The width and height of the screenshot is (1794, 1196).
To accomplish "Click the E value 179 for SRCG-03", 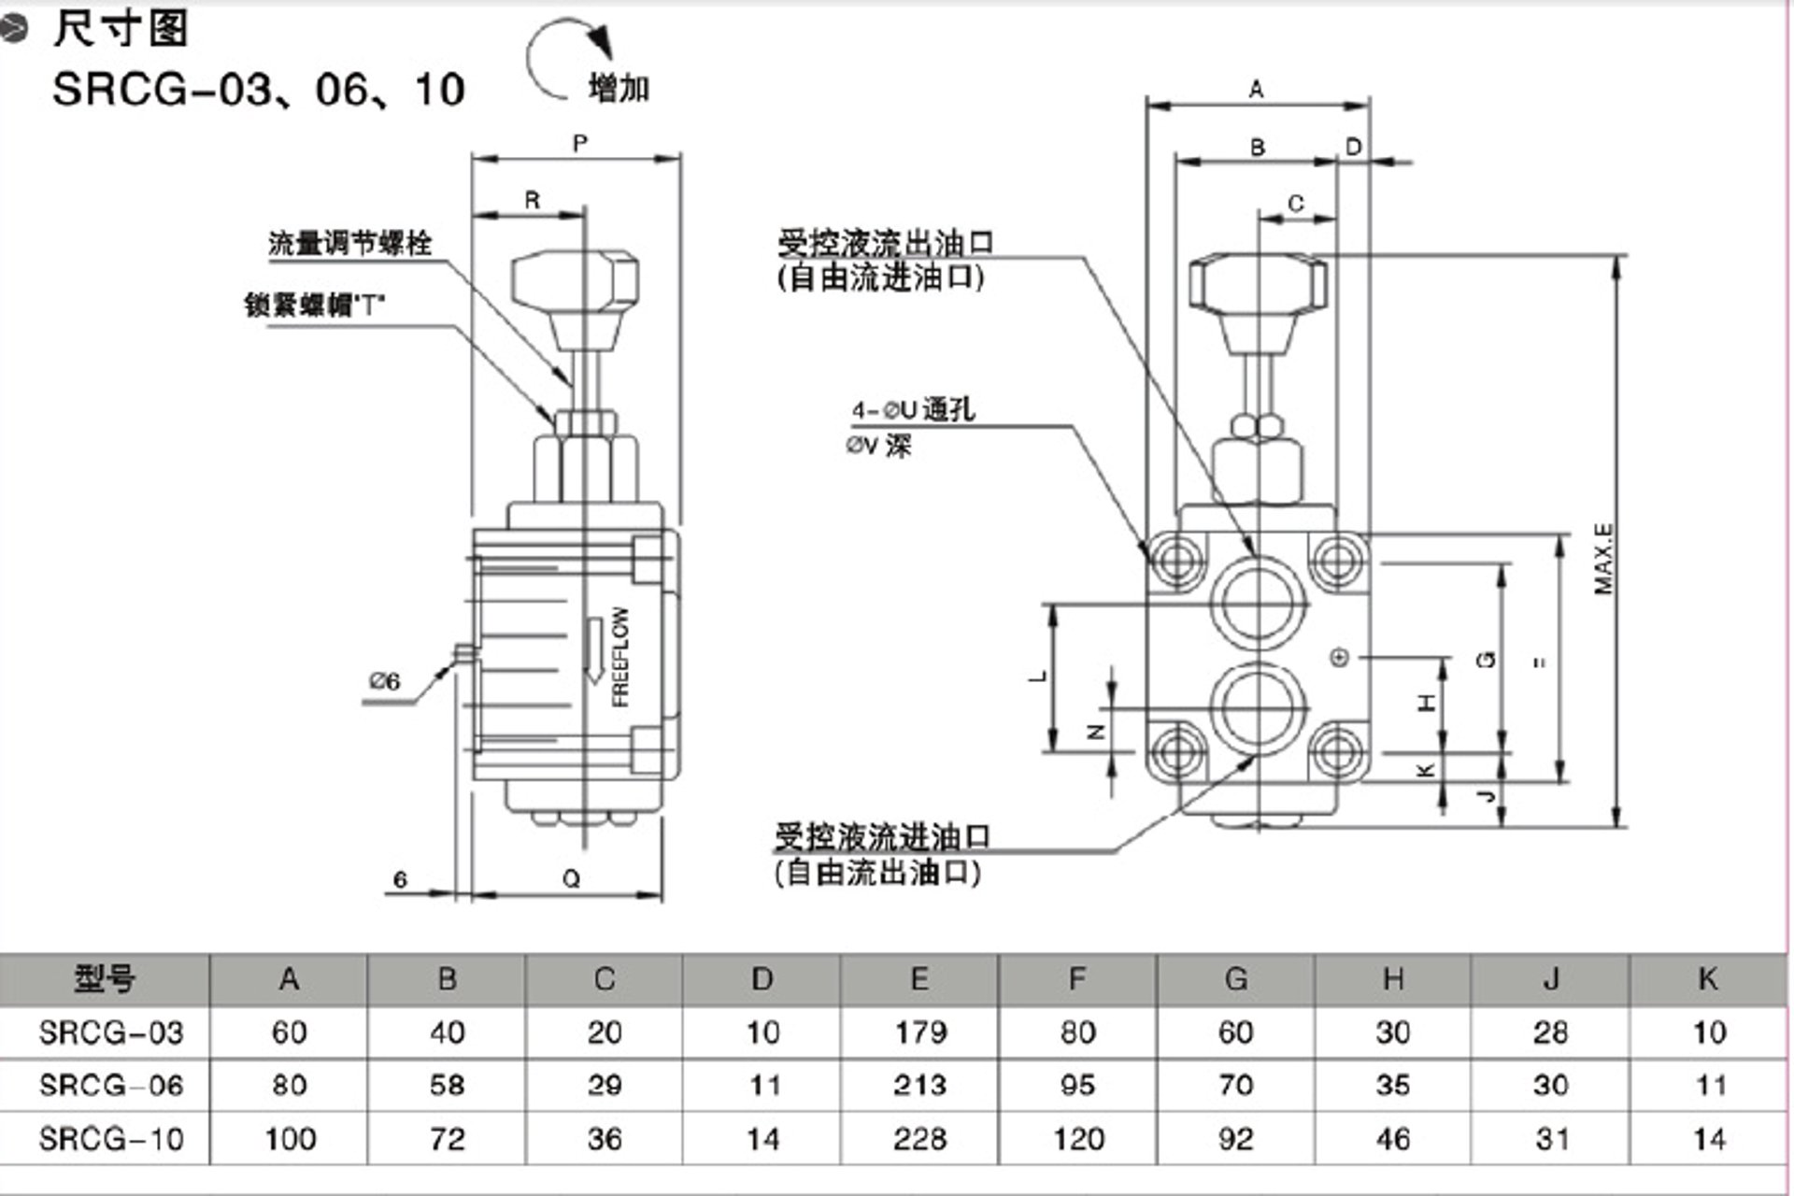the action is pyautogui.click(x=920, y=1032).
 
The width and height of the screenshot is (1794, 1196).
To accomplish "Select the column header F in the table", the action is pyautogui.click(x=1076, y=978).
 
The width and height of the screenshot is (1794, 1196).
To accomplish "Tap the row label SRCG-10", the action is pyautogui.click(x=111, y=1139).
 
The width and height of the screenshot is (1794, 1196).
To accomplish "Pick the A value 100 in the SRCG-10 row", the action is pyautogui.click(x=290, y=1139).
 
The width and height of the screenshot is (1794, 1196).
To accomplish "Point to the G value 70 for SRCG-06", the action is pyautogui.click(x=1235, y=1086).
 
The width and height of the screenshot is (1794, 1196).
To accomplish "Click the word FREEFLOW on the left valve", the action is pyautogui.click(x=620, y=656).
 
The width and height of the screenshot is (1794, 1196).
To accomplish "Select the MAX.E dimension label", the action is pyautogui.click(x=1603, y=559).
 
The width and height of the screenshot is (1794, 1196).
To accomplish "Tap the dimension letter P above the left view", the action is pyautogui.click(x=580, y=143).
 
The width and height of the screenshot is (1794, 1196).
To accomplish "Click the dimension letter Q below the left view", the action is pyautogui.click(x=571, y=878).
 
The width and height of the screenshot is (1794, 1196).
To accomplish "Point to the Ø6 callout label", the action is pyautogui.click(x=384, y=681).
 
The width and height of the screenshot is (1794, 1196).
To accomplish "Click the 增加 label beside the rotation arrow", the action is pyautogui.click(x=619, y=89).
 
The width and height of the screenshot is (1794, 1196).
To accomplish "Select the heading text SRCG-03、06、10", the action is pyautogui.click(x=259, y=90).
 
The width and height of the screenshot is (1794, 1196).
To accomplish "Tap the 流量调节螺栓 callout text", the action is pyautogui.click(x=350, y=244).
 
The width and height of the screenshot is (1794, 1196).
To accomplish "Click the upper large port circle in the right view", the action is pyautogui.click(x=1258, y=602).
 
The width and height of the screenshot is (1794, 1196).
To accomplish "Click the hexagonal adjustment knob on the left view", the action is pyautogui.click(x=576, y=282).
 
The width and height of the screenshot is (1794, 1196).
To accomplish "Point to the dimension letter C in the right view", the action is pyautogui.click(x=1295, y=203).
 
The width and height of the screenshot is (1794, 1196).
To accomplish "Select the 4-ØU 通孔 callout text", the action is pyautogui.click(x=913, y=409).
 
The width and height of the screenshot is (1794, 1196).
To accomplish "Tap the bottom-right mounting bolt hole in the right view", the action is pyautogui.click(x=1338, y=750).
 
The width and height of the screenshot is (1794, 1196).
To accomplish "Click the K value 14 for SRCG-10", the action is pyautogui.click(x=1708, y=1139).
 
